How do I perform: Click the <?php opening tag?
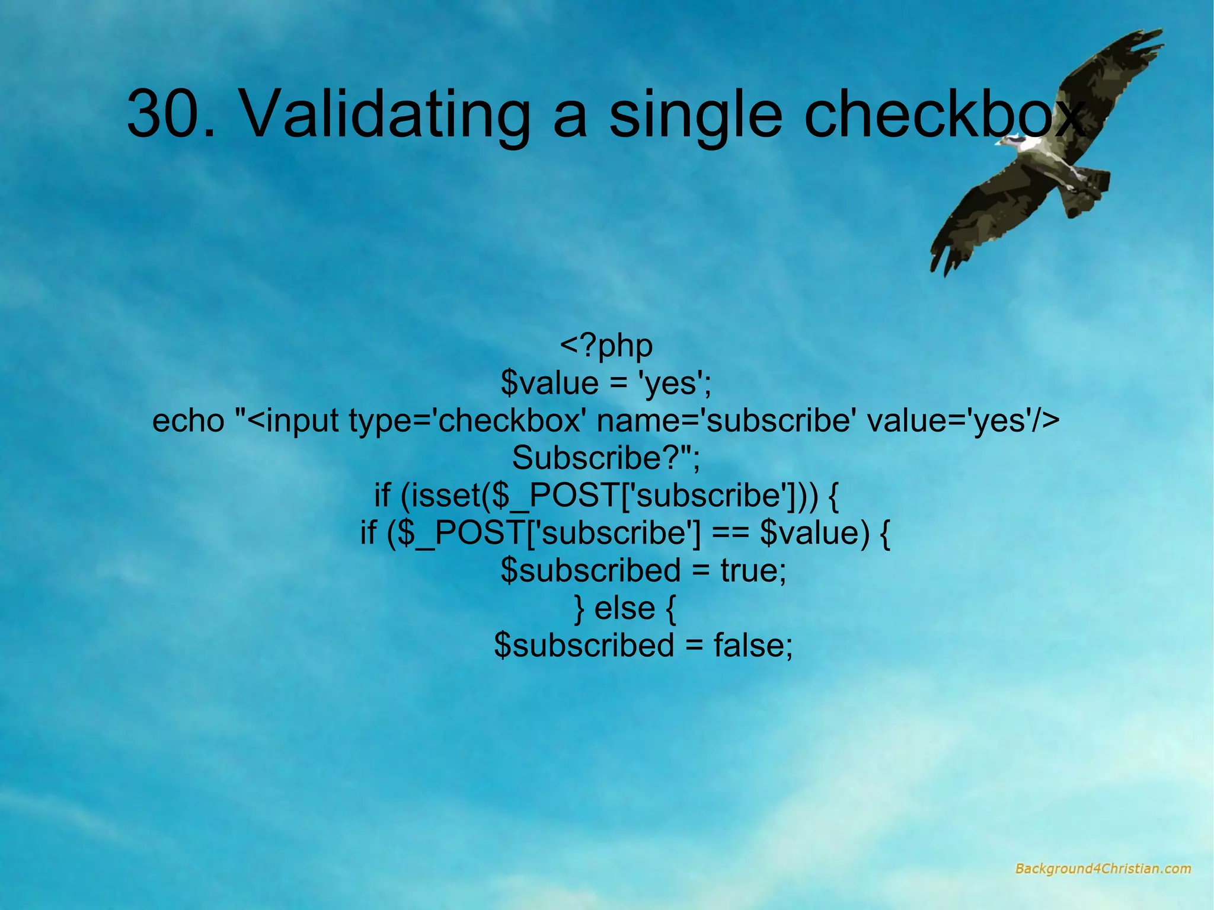pos(606,346)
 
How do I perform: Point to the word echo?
pos(189,421)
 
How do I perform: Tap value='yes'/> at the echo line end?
pos(963,421)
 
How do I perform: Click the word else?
pos(624,608)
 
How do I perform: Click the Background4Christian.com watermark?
pos(1103,869)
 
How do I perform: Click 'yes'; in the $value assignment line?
pos(673,384)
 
